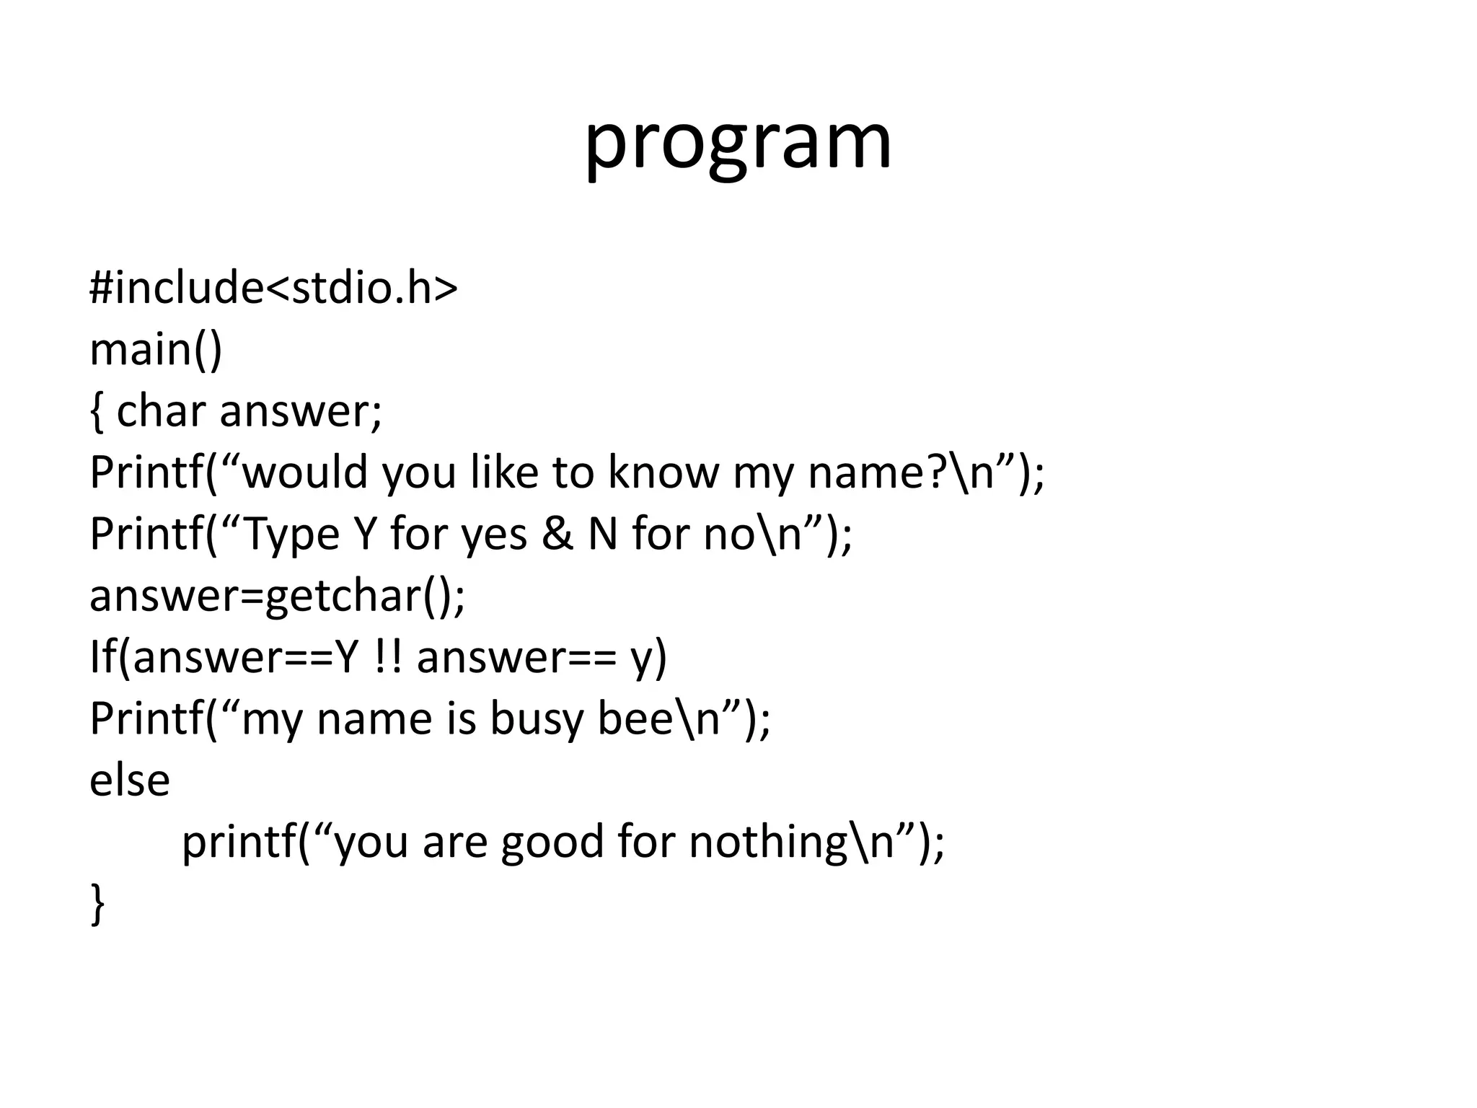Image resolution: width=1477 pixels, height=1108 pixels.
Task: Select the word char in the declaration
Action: (160, 410)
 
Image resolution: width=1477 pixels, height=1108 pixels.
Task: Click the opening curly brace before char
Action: (97, 412)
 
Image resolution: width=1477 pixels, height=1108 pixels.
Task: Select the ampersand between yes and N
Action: (557, 534)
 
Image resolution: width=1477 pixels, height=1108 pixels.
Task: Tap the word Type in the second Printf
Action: (291, 535)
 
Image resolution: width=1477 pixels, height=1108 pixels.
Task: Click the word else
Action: (130, 781)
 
